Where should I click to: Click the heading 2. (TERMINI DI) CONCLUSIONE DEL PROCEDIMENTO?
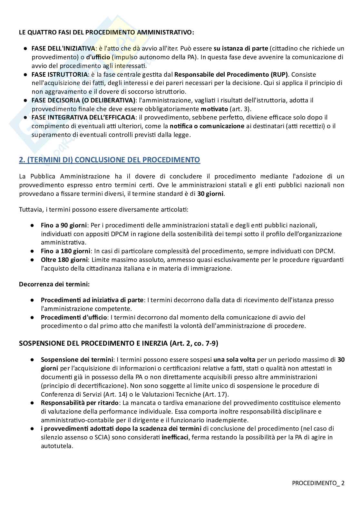110,160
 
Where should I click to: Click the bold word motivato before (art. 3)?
214,109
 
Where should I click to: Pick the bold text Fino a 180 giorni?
66,251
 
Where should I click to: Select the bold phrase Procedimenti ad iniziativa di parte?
92,300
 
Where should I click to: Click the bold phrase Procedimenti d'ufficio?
74,317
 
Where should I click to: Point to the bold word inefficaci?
176,437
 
